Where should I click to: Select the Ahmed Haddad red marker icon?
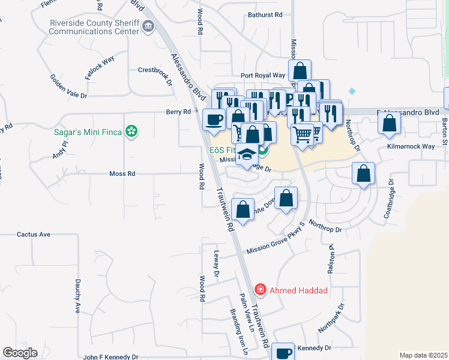click(260, 290)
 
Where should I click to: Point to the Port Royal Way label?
click(262, 76)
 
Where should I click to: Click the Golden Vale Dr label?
click(68, 87)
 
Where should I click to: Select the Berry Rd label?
click(179, 112)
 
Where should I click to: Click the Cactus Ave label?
click(34, 235)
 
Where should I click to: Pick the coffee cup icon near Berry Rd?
click(214, 119)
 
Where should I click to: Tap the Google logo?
click(20, 353)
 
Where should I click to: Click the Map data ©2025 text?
click(423, 355)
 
